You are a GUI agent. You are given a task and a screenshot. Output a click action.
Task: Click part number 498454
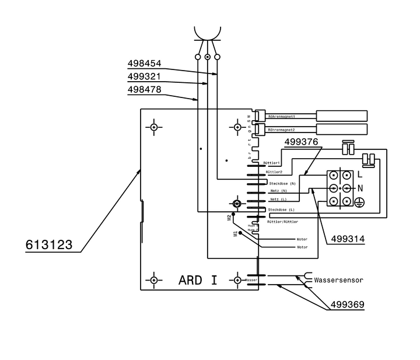point(144,64)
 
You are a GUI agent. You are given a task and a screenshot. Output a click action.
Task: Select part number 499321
point(144,76)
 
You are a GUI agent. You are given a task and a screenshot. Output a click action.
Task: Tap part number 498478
point(144,90)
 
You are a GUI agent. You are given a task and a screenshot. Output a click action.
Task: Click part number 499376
point(302,142)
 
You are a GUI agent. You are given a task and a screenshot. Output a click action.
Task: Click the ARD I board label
point(198,280)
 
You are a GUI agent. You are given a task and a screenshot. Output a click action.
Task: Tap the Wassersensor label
point(338,280)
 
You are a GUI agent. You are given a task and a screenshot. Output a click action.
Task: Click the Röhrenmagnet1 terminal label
point(281,117)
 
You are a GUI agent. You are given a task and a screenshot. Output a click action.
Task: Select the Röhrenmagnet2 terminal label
point(281,130)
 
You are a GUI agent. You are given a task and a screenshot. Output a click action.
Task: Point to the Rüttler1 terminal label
point(273,162)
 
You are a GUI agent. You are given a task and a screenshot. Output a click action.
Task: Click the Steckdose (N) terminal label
point(282,183)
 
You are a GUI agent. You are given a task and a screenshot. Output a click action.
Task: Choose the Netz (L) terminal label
point(278,200)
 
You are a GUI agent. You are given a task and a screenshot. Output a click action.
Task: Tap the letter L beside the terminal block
point(360,174)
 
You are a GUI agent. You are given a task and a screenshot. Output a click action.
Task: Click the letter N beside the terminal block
point(360,188)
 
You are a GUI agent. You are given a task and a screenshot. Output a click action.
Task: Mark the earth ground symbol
point(360,202)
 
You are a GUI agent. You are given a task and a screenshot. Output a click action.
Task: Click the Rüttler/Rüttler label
point(282,222)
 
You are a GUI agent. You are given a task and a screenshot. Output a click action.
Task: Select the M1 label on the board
point(236,234)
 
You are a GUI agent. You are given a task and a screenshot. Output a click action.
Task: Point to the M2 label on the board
point(229,218)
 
